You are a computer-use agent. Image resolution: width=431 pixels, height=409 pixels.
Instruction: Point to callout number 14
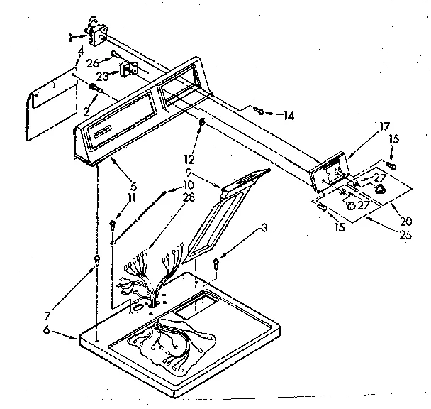(x=288, y=115)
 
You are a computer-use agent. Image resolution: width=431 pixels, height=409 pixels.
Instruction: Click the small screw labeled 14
(x=260, y=110)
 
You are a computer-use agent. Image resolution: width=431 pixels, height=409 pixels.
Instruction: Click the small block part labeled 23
(x=128, y=70)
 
